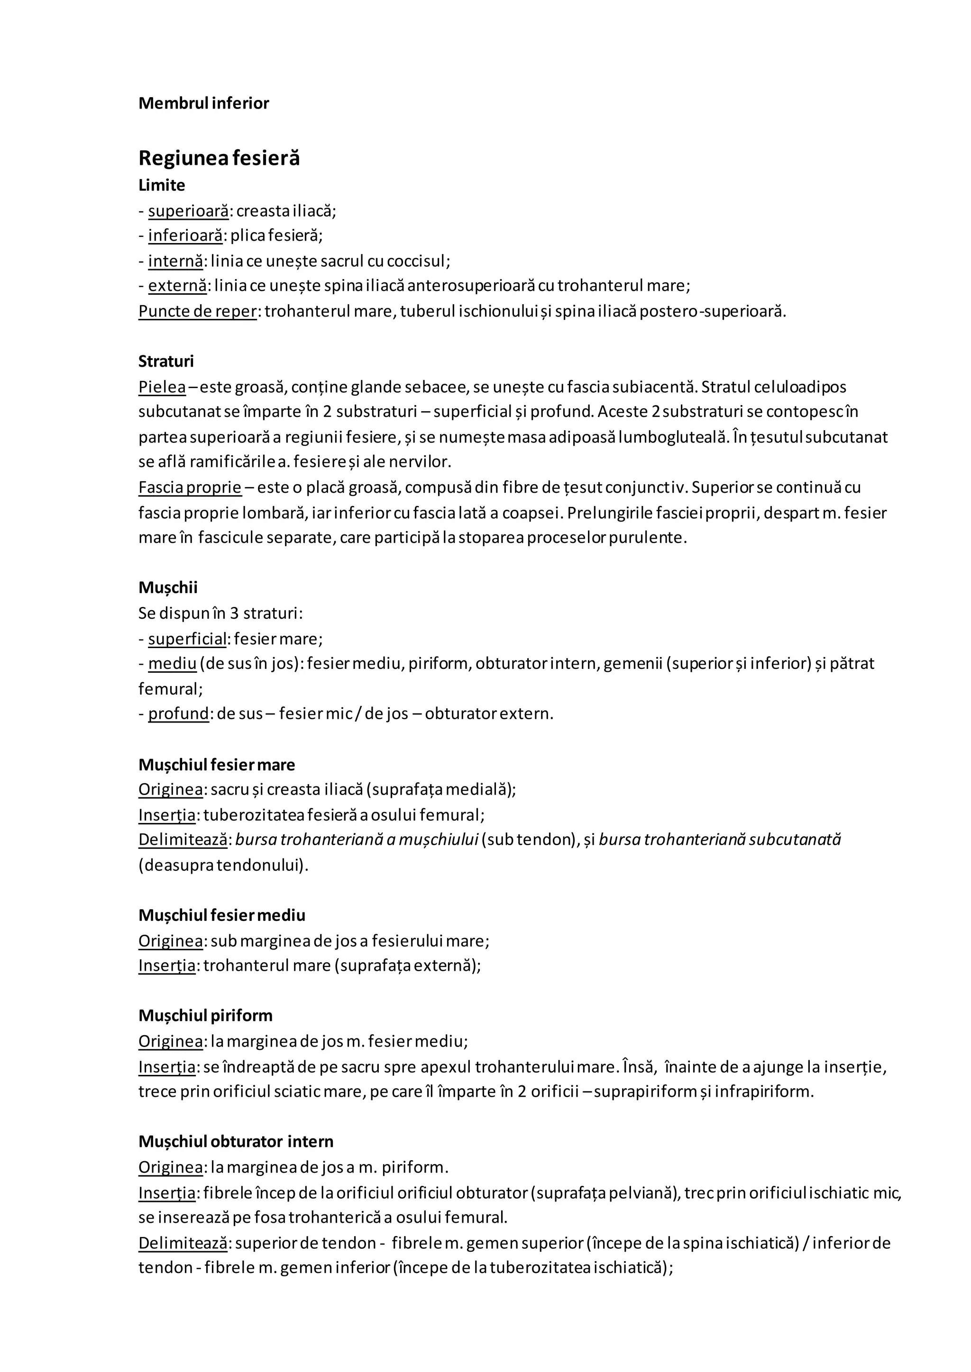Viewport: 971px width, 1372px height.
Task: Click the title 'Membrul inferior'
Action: coord(203,103)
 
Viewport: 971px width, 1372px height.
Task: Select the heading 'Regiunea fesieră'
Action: coord(219,158)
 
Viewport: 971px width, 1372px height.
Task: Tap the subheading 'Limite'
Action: coord(161,185)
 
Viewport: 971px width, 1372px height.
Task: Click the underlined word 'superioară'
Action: coord(188,211)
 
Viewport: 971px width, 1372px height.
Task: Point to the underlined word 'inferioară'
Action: coord(185,235)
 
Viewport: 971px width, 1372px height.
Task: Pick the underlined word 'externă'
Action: coord(178,286)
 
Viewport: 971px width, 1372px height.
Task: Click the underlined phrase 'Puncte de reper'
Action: coord(197,311)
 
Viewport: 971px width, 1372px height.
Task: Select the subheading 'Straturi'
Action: coord(166,361)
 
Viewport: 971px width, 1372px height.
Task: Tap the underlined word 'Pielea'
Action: coord(162,387)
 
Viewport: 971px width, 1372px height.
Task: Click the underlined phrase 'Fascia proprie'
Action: coord(190,487)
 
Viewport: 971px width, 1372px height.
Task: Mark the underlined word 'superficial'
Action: coord(187,639)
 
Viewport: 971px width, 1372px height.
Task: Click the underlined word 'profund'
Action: coord(178,713)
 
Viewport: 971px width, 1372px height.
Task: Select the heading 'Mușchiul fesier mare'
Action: coord(217,765)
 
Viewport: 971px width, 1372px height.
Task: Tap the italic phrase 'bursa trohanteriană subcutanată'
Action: coord(719,839)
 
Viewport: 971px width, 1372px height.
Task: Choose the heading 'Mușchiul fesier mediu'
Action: coord(222,915)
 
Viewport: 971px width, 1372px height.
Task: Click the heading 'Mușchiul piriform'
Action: coord(205,1016)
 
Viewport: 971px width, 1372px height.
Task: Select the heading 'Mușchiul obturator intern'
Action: coord(236,1141)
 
